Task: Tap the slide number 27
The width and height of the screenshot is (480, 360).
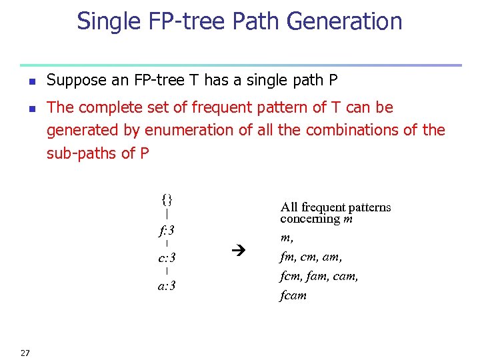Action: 25,353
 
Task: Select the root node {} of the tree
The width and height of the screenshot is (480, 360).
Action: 167,199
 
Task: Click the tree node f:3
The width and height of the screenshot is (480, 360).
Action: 167,231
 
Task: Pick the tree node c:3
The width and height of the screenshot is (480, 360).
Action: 167,258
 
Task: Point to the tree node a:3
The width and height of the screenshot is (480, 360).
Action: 167,287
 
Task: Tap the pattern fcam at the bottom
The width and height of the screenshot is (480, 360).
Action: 293,295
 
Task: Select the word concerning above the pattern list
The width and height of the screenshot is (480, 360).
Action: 311,219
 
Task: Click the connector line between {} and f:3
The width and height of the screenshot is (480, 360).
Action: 167,215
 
